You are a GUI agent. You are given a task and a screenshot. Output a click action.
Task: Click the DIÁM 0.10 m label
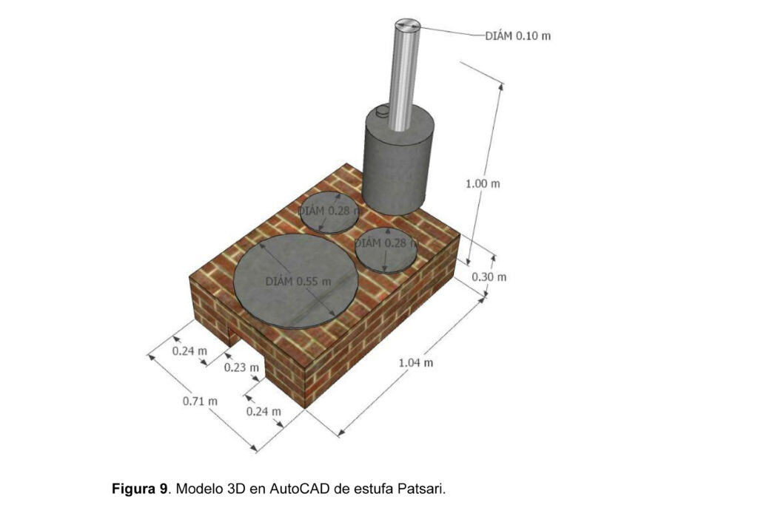(517, 35)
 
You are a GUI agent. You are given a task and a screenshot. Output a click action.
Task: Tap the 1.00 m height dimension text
(483, 184)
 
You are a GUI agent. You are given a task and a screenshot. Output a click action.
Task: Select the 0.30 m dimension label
(489, 277)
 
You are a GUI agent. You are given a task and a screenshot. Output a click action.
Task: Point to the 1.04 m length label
(416, 362)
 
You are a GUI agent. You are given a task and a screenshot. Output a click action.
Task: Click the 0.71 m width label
(200, 401)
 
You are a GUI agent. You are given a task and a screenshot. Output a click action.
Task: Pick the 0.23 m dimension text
(241, 368)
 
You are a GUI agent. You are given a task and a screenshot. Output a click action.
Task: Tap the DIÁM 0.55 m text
(298, 282)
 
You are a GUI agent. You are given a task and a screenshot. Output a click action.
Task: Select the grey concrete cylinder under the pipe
(398, 162)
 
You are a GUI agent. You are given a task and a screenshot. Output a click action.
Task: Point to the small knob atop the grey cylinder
(382, 112)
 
